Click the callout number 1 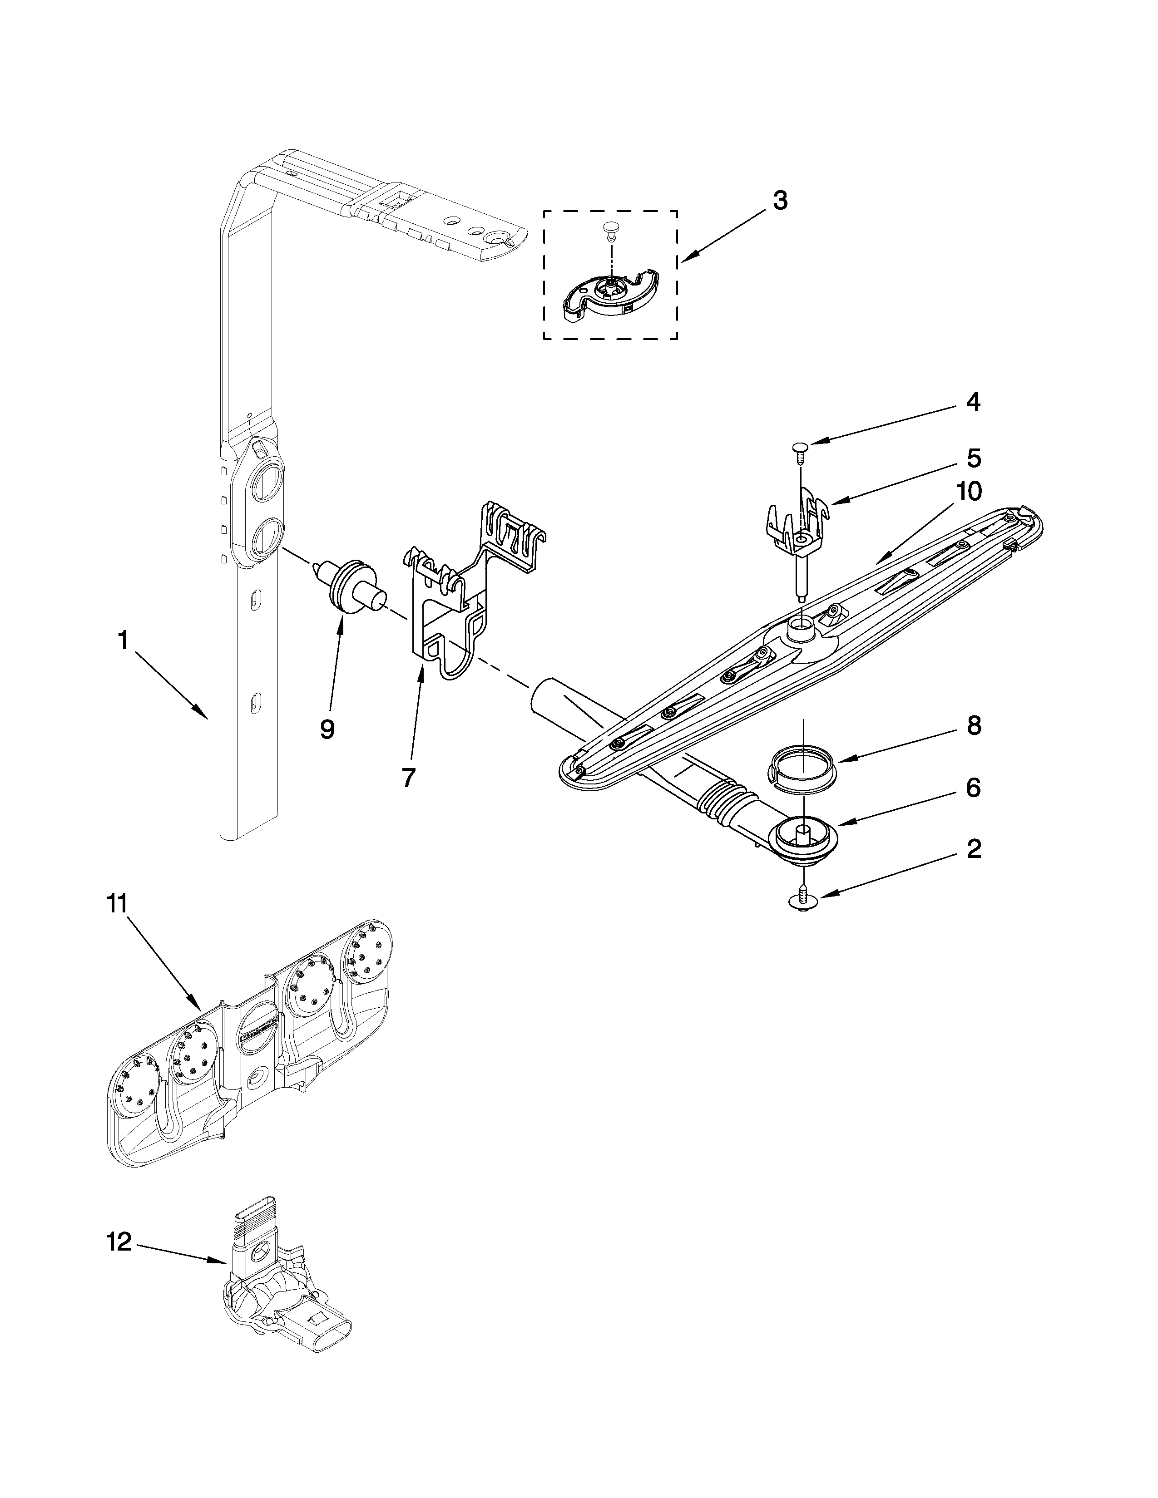pos(123,641)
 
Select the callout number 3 pos(780,201)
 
